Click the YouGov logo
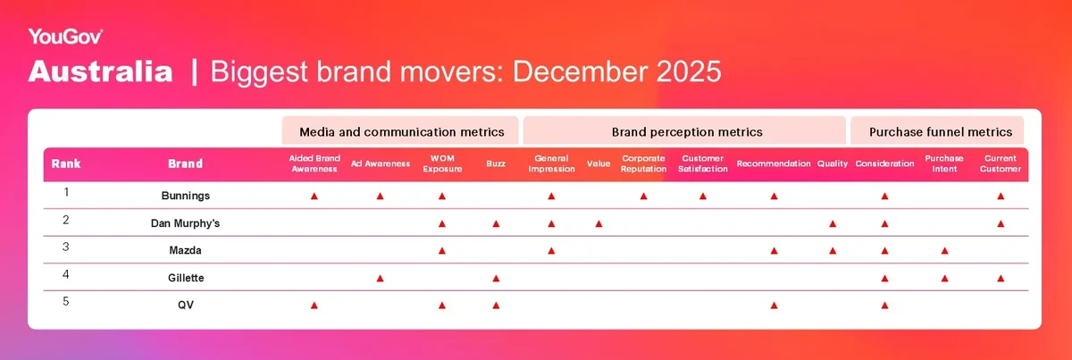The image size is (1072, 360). (65, 37)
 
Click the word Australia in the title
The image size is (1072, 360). (100, 71)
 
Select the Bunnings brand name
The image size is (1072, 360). (186, 196)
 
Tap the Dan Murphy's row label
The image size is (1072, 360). (185, 223)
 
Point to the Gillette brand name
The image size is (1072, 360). (186, 278)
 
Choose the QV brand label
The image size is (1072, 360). (186, 305)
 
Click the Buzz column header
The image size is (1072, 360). (496, 163)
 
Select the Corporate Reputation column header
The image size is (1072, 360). (643, 163)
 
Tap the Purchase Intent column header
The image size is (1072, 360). (944, 163)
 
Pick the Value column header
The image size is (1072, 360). (599, 163)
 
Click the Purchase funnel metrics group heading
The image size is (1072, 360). (941, 132)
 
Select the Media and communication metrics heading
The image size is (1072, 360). (402, 132)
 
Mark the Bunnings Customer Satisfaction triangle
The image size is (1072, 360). (702, 197)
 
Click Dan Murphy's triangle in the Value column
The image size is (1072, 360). (599, 223)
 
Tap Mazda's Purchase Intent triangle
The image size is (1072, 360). (945, 251)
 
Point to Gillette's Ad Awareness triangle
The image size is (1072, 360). (380, 278)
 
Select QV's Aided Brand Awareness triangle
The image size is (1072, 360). (314, 306)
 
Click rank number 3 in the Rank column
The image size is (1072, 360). (66, 247)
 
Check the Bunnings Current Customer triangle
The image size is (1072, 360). (1001, 197)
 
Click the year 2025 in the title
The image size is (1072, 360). (689, 71)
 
